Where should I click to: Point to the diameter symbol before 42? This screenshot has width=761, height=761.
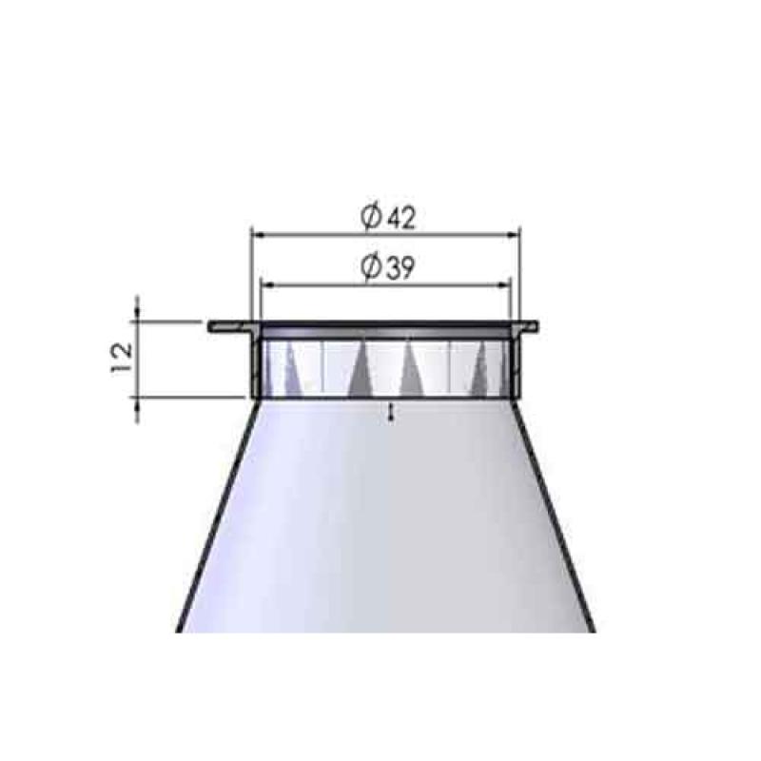(x=373, y=218)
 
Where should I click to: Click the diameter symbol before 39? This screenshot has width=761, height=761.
(x=372, y=269)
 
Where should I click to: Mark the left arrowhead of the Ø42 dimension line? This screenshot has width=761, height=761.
(x=255, y=232)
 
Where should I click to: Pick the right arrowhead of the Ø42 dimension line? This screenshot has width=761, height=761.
(x=517, y=232)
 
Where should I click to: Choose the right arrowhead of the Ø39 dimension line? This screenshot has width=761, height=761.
(x=506, y=283)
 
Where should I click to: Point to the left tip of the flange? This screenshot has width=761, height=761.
(x=211, y=326)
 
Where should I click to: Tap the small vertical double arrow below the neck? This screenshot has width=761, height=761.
(x=391, y=410)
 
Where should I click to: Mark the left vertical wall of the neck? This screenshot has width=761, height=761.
(x=255, y=366)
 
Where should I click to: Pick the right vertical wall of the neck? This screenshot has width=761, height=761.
(x=517, y=366)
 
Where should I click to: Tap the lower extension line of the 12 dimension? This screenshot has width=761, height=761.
(x=190, y=398)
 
